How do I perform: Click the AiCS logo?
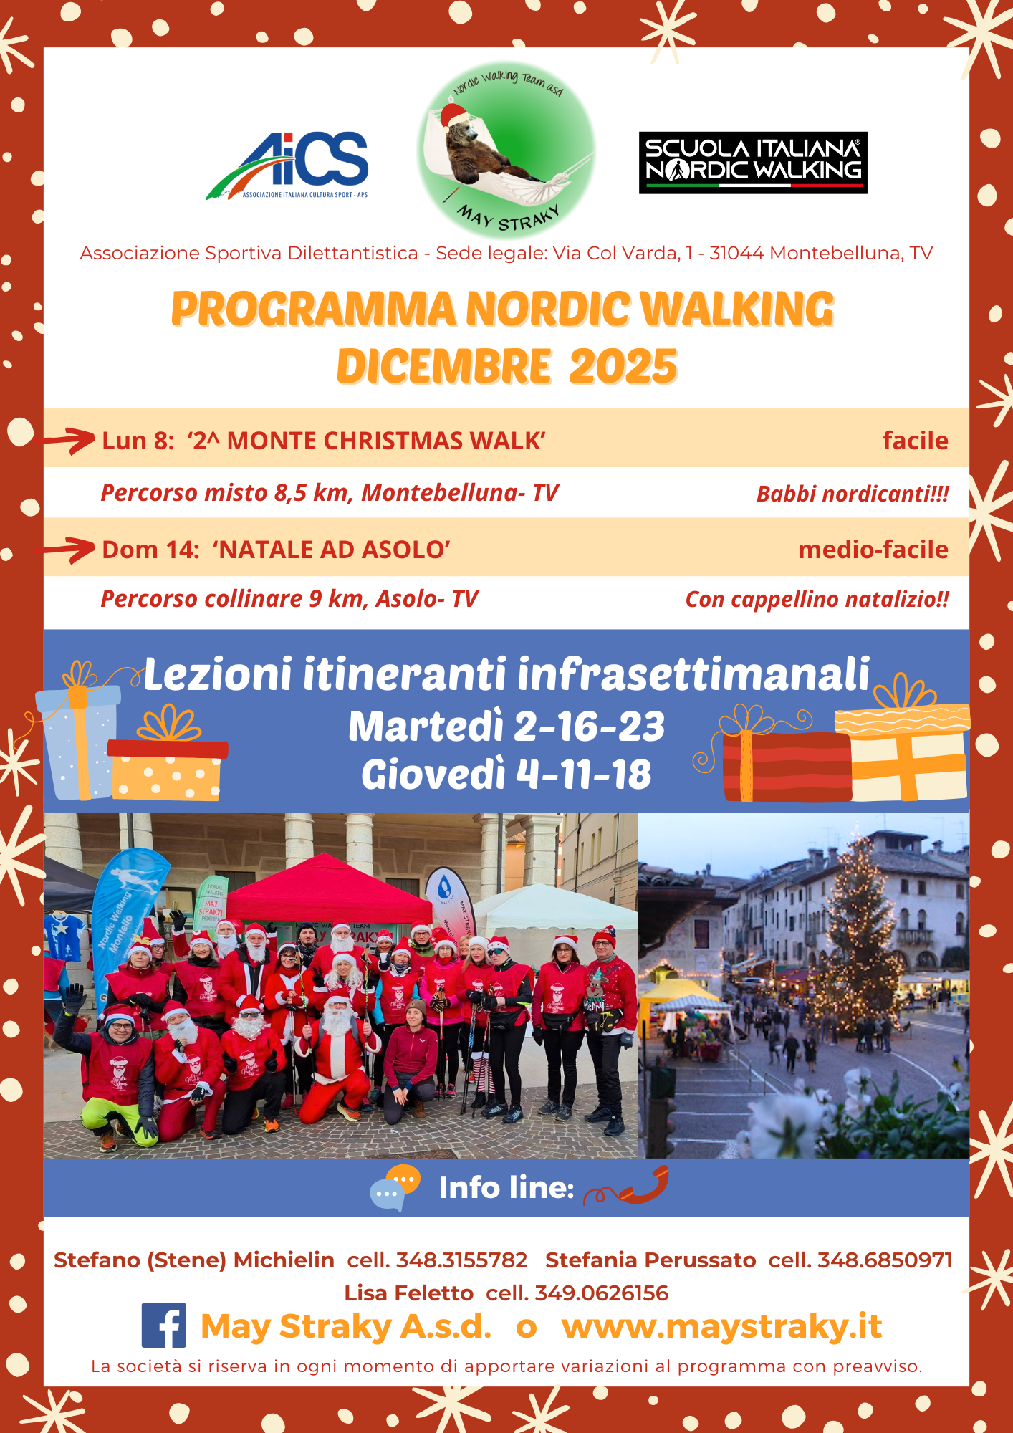287,166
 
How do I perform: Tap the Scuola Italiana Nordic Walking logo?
753,163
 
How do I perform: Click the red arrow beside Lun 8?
67,440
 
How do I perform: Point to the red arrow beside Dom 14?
67,550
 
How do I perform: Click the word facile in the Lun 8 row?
915,441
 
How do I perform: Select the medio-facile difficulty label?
873,550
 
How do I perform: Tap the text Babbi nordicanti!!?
853,494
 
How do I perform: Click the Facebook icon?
164,1326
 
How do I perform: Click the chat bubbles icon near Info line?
395,1187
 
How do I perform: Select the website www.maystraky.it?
721,1326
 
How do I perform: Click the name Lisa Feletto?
408,1293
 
